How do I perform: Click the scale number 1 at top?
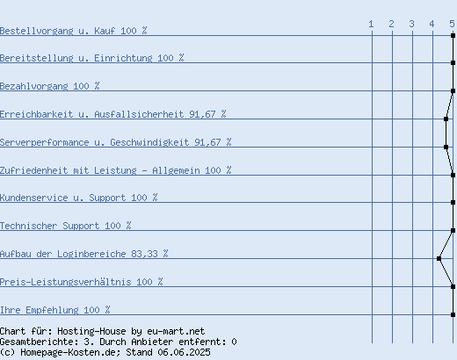(371, 24)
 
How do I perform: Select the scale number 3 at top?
(411, 24)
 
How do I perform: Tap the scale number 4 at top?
(432, 24)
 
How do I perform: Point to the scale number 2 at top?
(391, 24)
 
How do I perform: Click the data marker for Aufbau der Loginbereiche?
(439, 258)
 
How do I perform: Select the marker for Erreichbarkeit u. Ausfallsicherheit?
(446, 119)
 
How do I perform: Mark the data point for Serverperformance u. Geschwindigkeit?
(446, 147)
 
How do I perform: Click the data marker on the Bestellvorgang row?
(453, 35)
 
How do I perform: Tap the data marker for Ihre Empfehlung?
(453, 314)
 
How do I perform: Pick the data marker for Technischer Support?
(453, 230)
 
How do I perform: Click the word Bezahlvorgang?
(34, 86)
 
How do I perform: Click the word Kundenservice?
(34, 198)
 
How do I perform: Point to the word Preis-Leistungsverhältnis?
(66, 282)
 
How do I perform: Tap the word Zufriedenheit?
(34, 170)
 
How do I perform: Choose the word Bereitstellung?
(37, 58)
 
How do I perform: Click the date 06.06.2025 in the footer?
(184, 352)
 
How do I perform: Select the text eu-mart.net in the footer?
(176, 331)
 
